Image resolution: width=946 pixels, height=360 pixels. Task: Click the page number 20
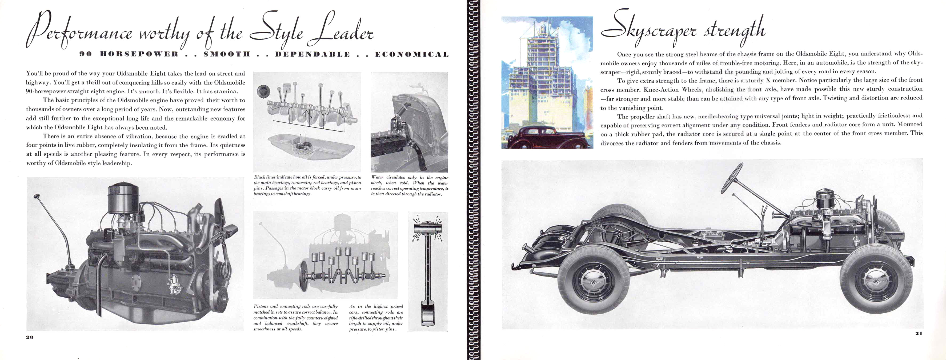pos(30,337)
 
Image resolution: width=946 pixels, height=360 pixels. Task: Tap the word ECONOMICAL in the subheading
pos(412,55)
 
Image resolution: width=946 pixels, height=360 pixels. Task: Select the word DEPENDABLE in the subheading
pos(312,55)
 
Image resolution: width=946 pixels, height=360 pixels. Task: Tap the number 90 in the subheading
pos(85,55)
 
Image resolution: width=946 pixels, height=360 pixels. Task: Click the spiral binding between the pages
pos(473,180)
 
